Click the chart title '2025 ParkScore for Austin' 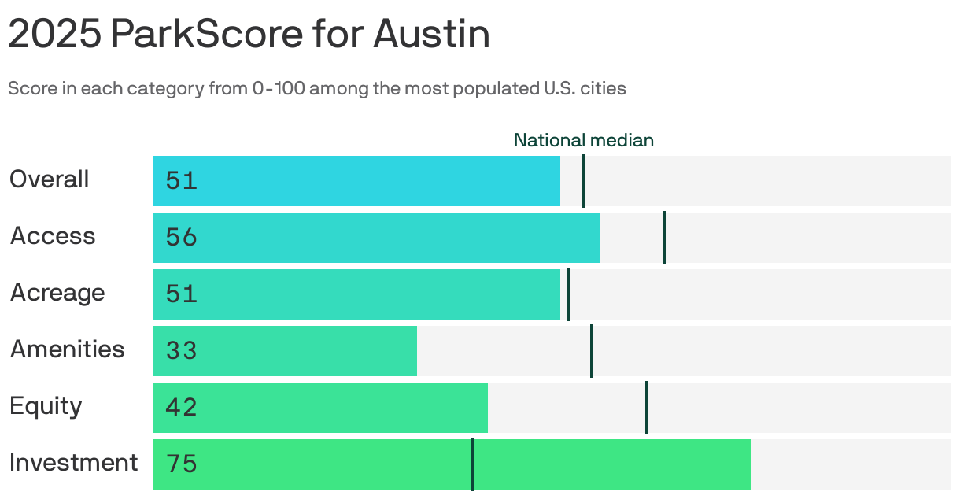coord(249,35)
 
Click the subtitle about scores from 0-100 coord(317,88)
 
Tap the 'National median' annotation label coord(583,140)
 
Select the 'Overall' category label coord(49,179)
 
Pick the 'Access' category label coord(53,236)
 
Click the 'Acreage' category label coord(57,293)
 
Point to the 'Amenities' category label coord(67,349)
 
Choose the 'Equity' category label coord(46,406)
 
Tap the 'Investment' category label coord(74,463)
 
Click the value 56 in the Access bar coord(181,238)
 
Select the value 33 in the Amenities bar coord(181,351)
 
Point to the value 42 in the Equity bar coord(181,408)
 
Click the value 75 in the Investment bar coord(181,464)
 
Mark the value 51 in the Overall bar coord(181,181)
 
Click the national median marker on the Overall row coord(583,181)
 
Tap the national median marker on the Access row coord(664,238)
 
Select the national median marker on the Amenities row coord(592,351)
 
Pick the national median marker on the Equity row coord(647,408)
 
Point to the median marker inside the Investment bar coord(472,464)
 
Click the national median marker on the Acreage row coord(567,294)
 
